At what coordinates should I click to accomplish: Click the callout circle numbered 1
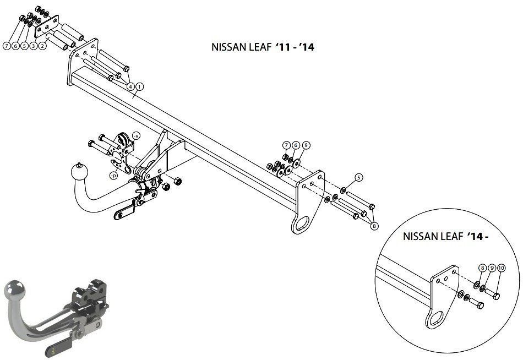click(139, 87)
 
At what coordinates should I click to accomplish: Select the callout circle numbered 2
click(42, 46)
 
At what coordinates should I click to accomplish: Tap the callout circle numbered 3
click(33, 46)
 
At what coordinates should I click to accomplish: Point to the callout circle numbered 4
click(130, 87)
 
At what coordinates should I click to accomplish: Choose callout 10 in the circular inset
click(501, 268)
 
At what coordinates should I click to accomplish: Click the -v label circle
click(136, 135)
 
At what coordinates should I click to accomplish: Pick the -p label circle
click(114, 176)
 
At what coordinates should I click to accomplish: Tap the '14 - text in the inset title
click(478, 236)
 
